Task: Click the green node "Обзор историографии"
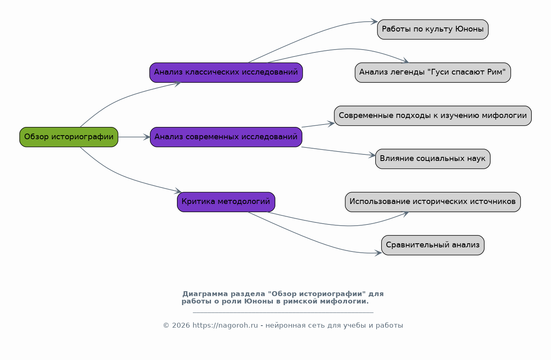pos(69,137)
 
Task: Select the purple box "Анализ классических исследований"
pos(226,72)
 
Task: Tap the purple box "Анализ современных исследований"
pos(226,137)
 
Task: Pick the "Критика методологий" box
pos(226,202)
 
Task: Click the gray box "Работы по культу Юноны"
pos(433,29)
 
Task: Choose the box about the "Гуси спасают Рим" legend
pos(433,72)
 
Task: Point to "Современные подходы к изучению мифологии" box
pos(433,116)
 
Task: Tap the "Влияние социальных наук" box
pos(433,159)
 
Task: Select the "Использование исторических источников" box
pos(433,202)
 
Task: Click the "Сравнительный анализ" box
pos(433,245)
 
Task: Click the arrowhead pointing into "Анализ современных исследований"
pos(147,137)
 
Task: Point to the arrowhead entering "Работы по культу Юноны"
pos(374,22)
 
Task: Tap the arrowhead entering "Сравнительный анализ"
pos(378,253)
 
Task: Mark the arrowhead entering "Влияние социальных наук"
pos(372,155)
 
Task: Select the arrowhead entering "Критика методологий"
pos(178,191)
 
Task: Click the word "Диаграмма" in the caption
pos(205,294)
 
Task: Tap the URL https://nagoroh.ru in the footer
pos(225,325)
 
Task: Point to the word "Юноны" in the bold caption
pos(259,301)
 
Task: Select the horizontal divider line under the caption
pos(283,312)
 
